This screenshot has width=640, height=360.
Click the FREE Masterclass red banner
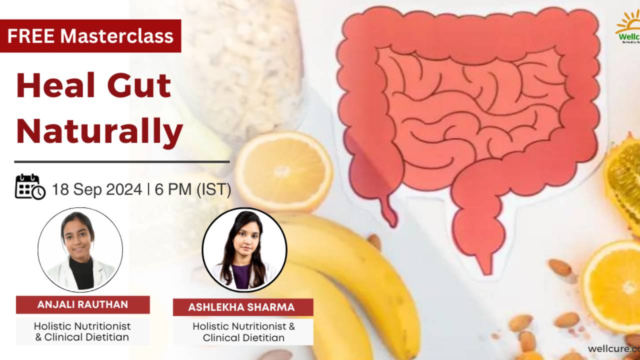click(x=90, y=35)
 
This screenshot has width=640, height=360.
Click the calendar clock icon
click(x=29, y=187)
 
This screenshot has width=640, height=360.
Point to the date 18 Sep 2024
click(x=96, y=190)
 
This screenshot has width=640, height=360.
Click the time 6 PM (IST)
click(x=193, y=190)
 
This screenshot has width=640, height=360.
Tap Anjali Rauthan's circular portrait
click(x=80, y=249)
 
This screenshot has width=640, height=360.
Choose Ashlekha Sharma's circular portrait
click(x=244, y=250)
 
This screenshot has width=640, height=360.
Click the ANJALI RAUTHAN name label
click(x=82, y=304)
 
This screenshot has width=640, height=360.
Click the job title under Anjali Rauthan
click(x=82, y=331)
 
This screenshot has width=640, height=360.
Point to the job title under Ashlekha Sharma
click(x=243, y=332)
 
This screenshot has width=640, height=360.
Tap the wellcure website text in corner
click(x=613, y=348)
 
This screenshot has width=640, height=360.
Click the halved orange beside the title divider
click(x=283, y=170)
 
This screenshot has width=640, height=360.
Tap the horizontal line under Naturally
click(x=121, y=162)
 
